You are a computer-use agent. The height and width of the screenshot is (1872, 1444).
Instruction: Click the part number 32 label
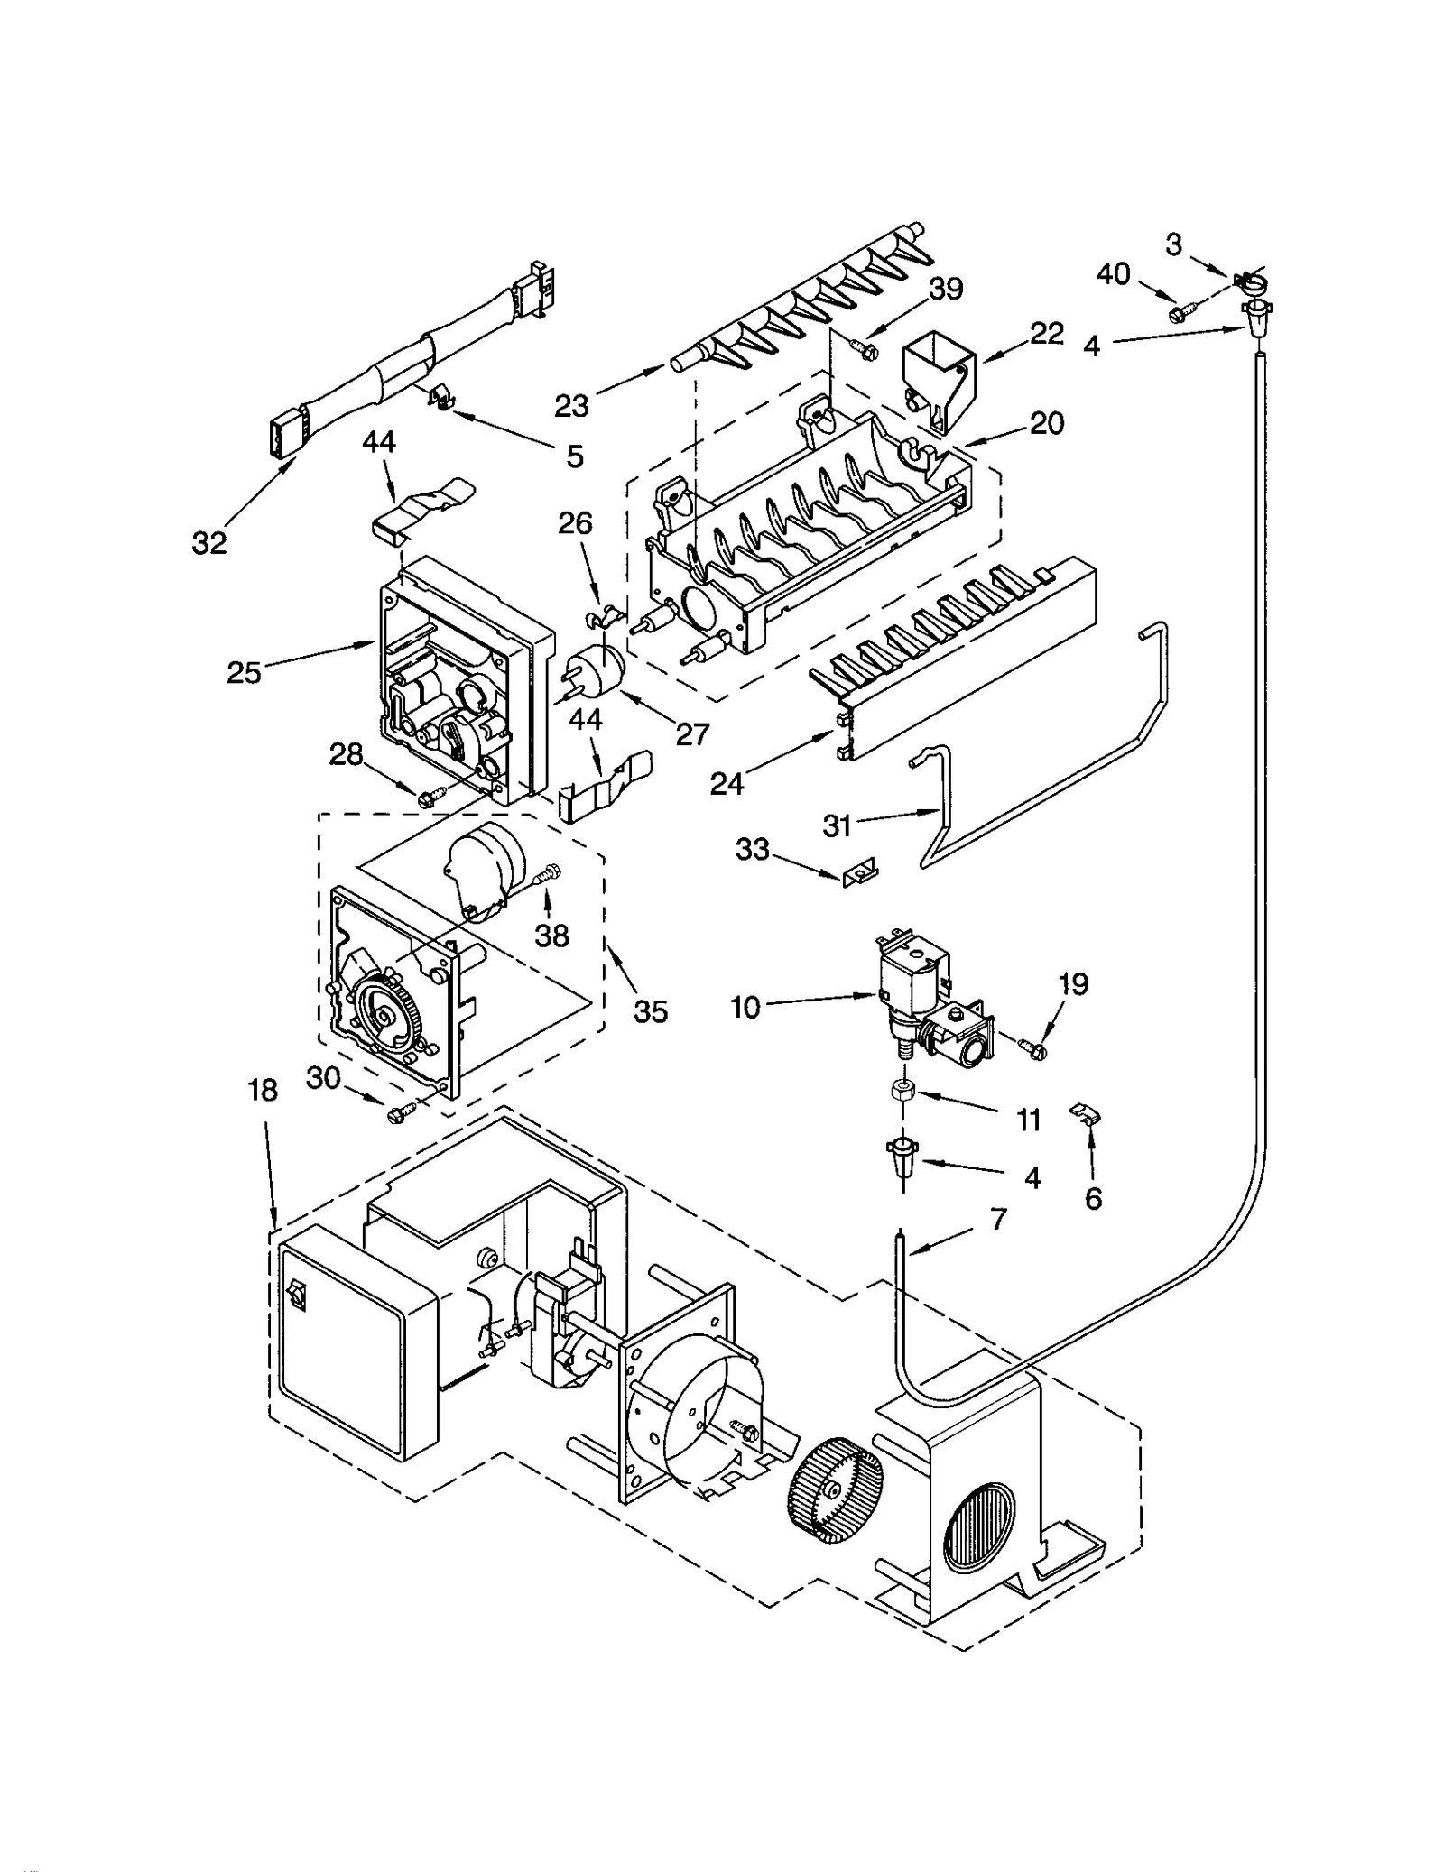209,542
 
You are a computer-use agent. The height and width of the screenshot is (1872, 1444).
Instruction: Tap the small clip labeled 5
438,396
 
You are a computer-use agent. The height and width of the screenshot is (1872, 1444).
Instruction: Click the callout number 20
1047,422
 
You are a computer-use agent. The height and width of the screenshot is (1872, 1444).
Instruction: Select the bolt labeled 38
547,873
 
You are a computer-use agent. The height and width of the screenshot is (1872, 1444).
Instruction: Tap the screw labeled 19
1032,1047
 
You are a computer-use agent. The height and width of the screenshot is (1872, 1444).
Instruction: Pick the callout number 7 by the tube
997,1219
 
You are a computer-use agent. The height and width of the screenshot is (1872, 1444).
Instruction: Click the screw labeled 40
1180,313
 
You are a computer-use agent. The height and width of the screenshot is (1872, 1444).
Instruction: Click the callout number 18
263,1091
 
